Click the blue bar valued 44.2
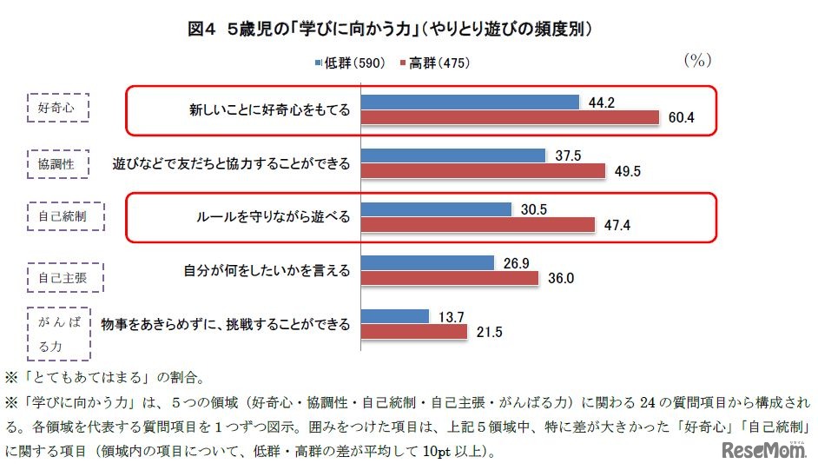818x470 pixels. (470, 103)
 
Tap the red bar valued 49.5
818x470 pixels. (482, 171)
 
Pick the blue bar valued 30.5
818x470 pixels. (436, 209)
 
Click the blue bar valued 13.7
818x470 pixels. (395, 315)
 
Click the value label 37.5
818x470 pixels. (570, 156)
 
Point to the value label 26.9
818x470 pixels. (518, 262)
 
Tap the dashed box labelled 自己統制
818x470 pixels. (64, 216)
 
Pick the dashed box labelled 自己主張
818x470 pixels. (64, 278)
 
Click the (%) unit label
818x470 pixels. (699, 60)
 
